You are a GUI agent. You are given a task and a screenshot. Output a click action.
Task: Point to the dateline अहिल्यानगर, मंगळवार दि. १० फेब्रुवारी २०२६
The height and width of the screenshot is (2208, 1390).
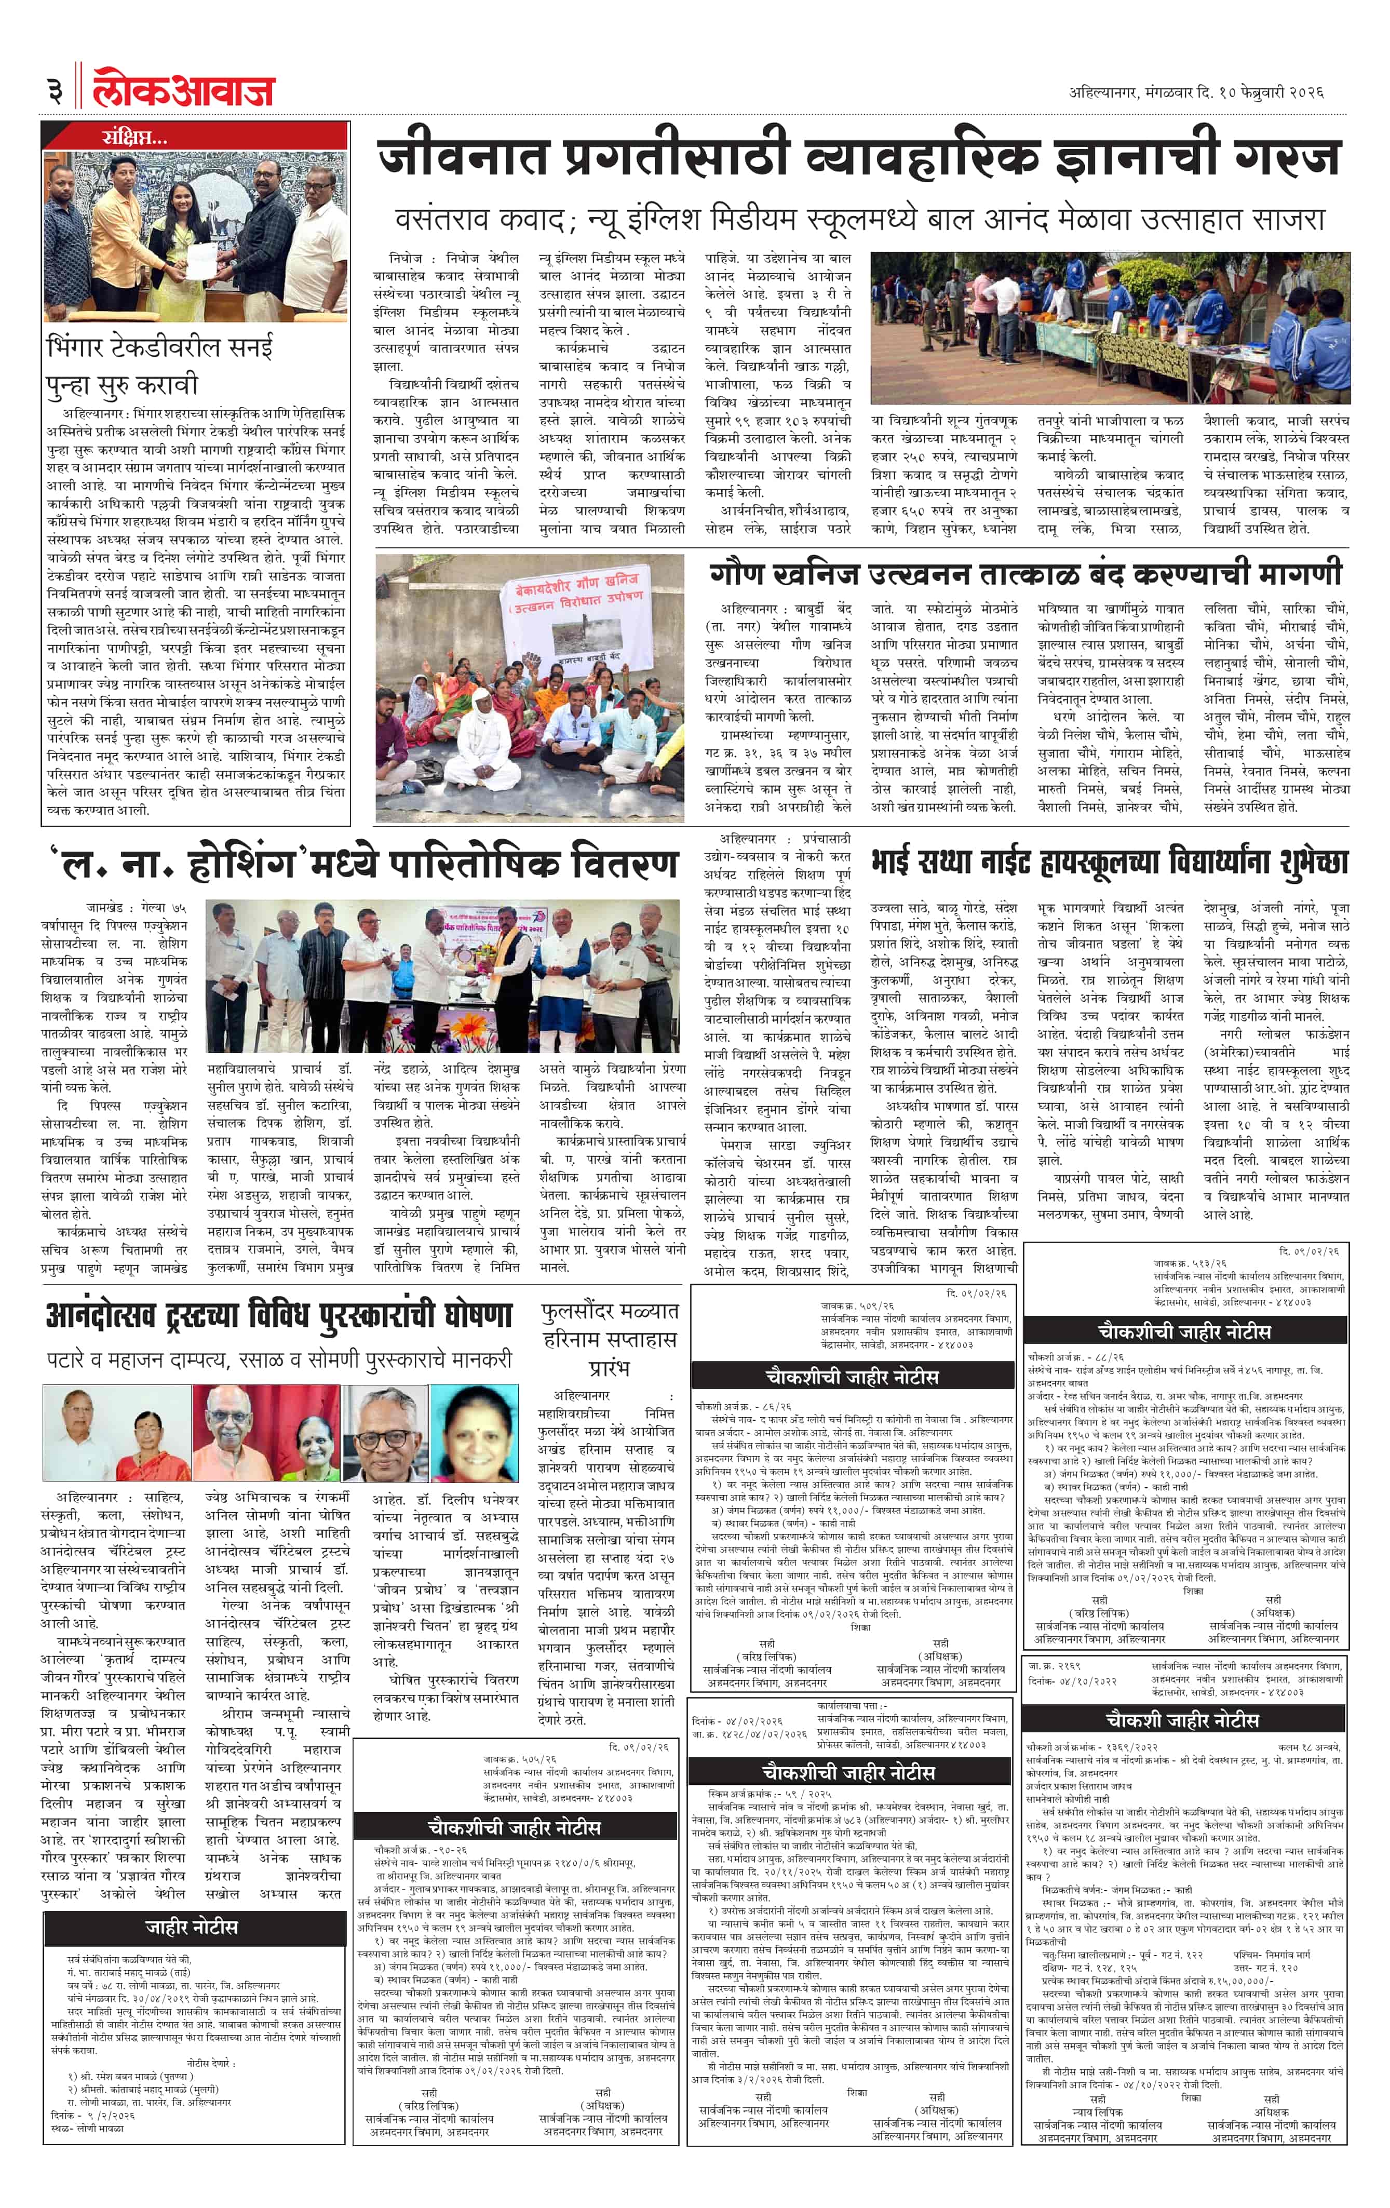[x=1196, y=92]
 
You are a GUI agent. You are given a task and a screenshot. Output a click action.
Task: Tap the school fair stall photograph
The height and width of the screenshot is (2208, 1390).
[x=1110, y=327]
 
